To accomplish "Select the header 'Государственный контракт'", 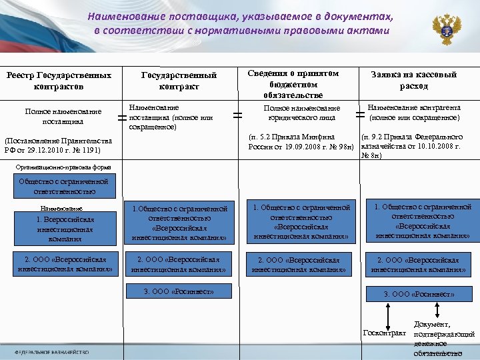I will (179, 81).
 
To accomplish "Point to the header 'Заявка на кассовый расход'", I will (414, 81).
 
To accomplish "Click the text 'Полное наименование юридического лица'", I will (301, 113).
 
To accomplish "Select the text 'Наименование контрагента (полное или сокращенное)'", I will (413, 112).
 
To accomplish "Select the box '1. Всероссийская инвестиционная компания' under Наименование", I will (65, 229).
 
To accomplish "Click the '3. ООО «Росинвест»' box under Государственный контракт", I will (178, 291).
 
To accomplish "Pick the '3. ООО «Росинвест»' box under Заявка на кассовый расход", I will (419, 293).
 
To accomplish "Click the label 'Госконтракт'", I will (384, 332).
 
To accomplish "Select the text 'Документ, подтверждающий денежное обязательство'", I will (443, 339).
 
